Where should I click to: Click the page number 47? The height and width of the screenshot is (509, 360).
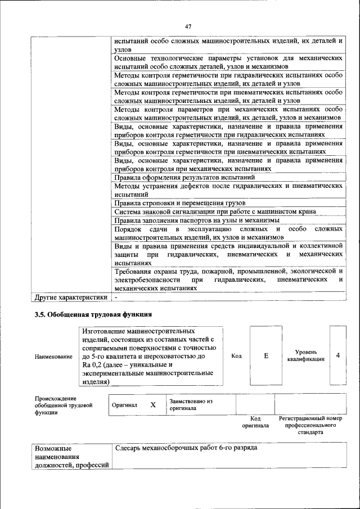click(x=188, y=26)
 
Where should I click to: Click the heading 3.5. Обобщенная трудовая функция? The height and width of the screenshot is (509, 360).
click(x=93, y=314)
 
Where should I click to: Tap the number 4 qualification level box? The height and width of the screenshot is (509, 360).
click(x=337, y=355)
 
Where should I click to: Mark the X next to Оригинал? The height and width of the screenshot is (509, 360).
click(x=152, y=404)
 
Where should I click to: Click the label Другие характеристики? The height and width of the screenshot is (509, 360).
click(x=71, y=297)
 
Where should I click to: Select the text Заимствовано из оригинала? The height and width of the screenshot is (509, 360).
click(x=191, y=404)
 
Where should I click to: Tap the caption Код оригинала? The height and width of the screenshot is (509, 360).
click(x=255, y=422)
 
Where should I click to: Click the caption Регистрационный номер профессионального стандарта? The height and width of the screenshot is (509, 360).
click(x=310, y=426)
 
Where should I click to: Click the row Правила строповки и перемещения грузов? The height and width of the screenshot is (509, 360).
click(x=179, y=203)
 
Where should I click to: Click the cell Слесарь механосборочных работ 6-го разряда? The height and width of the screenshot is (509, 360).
click(x=186, y=449)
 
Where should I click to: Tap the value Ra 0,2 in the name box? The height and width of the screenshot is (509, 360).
click(x=93, y=364)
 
